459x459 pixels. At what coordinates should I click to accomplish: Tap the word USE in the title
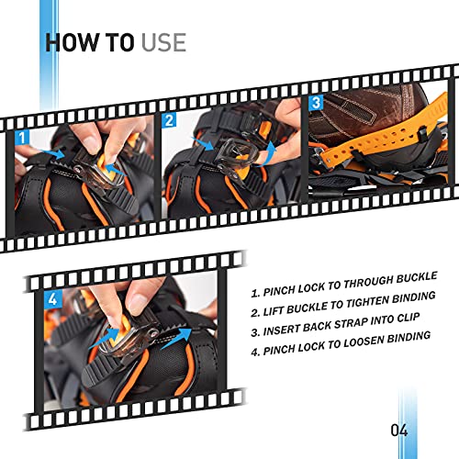click(x=162, y=41)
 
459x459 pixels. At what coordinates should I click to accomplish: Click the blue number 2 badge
click(x=170, y=120)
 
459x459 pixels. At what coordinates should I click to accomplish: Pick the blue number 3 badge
click(x=317, y=104)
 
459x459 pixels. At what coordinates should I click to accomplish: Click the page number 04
click(x=397, y=430)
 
